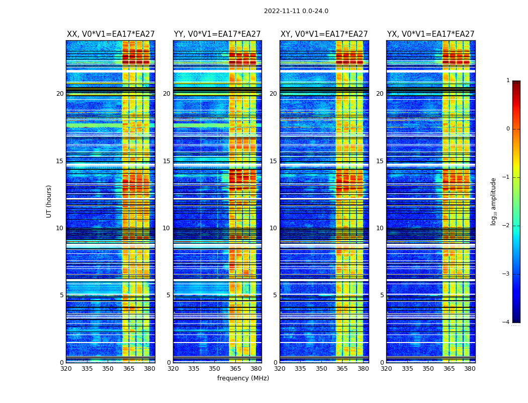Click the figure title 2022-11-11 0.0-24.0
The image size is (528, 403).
(296, 11)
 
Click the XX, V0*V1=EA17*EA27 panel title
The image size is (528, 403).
(111, 34)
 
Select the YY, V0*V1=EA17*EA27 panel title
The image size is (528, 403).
(217, 34)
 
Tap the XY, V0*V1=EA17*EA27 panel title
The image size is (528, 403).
(324, 34)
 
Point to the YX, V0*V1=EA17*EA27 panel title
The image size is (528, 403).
(430, 34)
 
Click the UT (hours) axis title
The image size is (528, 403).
(49, 201)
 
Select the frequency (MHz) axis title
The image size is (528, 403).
(243, 378)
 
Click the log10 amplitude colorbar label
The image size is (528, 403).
(494, 201)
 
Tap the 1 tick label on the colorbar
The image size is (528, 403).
(508, 81)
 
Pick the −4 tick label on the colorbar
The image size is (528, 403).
(506, 322)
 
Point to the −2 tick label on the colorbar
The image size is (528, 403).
(506, 226)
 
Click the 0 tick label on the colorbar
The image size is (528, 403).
(508, 129)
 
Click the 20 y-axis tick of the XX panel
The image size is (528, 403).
(60, 94)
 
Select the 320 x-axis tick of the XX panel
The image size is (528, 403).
(66, 369)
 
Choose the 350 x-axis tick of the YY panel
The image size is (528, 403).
(215, 369)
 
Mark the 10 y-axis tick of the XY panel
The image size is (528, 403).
(273, 228)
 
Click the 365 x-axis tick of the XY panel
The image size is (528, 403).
(342, 369)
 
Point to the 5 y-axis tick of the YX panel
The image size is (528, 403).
(382, 295)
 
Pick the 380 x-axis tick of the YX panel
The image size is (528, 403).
(470, 369)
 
